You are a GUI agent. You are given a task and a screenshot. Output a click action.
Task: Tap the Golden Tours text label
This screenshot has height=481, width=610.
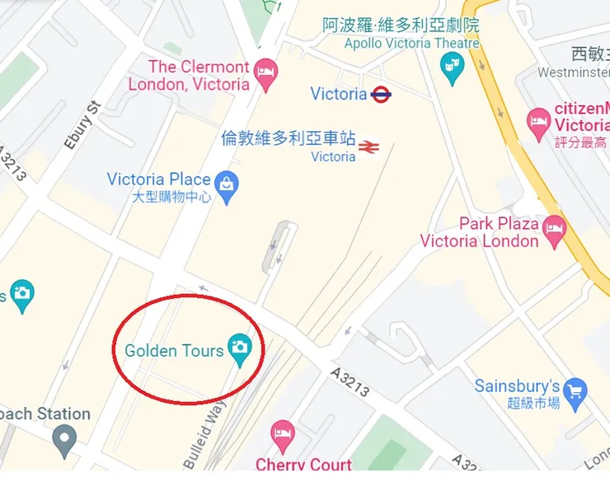[174, 351]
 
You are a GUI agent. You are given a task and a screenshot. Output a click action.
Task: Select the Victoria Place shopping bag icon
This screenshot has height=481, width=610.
[227, 186]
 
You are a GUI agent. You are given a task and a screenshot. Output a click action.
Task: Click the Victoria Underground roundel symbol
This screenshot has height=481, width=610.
[381, 94]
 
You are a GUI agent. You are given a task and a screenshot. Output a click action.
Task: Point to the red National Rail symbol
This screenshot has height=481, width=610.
[368, 147]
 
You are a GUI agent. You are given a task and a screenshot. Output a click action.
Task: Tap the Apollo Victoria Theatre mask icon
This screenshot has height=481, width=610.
[452, 67]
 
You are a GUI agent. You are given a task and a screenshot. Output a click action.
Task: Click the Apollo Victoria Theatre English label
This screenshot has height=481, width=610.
[411, 44]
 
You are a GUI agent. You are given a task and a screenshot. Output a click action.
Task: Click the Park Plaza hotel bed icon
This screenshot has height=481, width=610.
[554, 231]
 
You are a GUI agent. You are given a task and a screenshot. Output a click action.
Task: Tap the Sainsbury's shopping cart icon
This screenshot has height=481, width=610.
[575, 393]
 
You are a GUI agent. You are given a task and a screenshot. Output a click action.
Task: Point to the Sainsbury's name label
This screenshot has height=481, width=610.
[517, 386]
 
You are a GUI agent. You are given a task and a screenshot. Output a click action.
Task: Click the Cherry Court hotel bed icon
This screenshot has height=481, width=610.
[283, 433]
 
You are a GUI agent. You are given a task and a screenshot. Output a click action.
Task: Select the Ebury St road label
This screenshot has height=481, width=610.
[81, 125]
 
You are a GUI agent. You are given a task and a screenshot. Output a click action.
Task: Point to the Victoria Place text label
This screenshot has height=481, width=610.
[159, 179]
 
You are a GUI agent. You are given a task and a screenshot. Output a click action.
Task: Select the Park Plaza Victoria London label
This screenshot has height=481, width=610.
[479, 232]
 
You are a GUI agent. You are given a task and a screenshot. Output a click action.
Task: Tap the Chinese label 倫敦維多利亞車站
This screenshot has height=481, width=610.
[289, 138]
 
